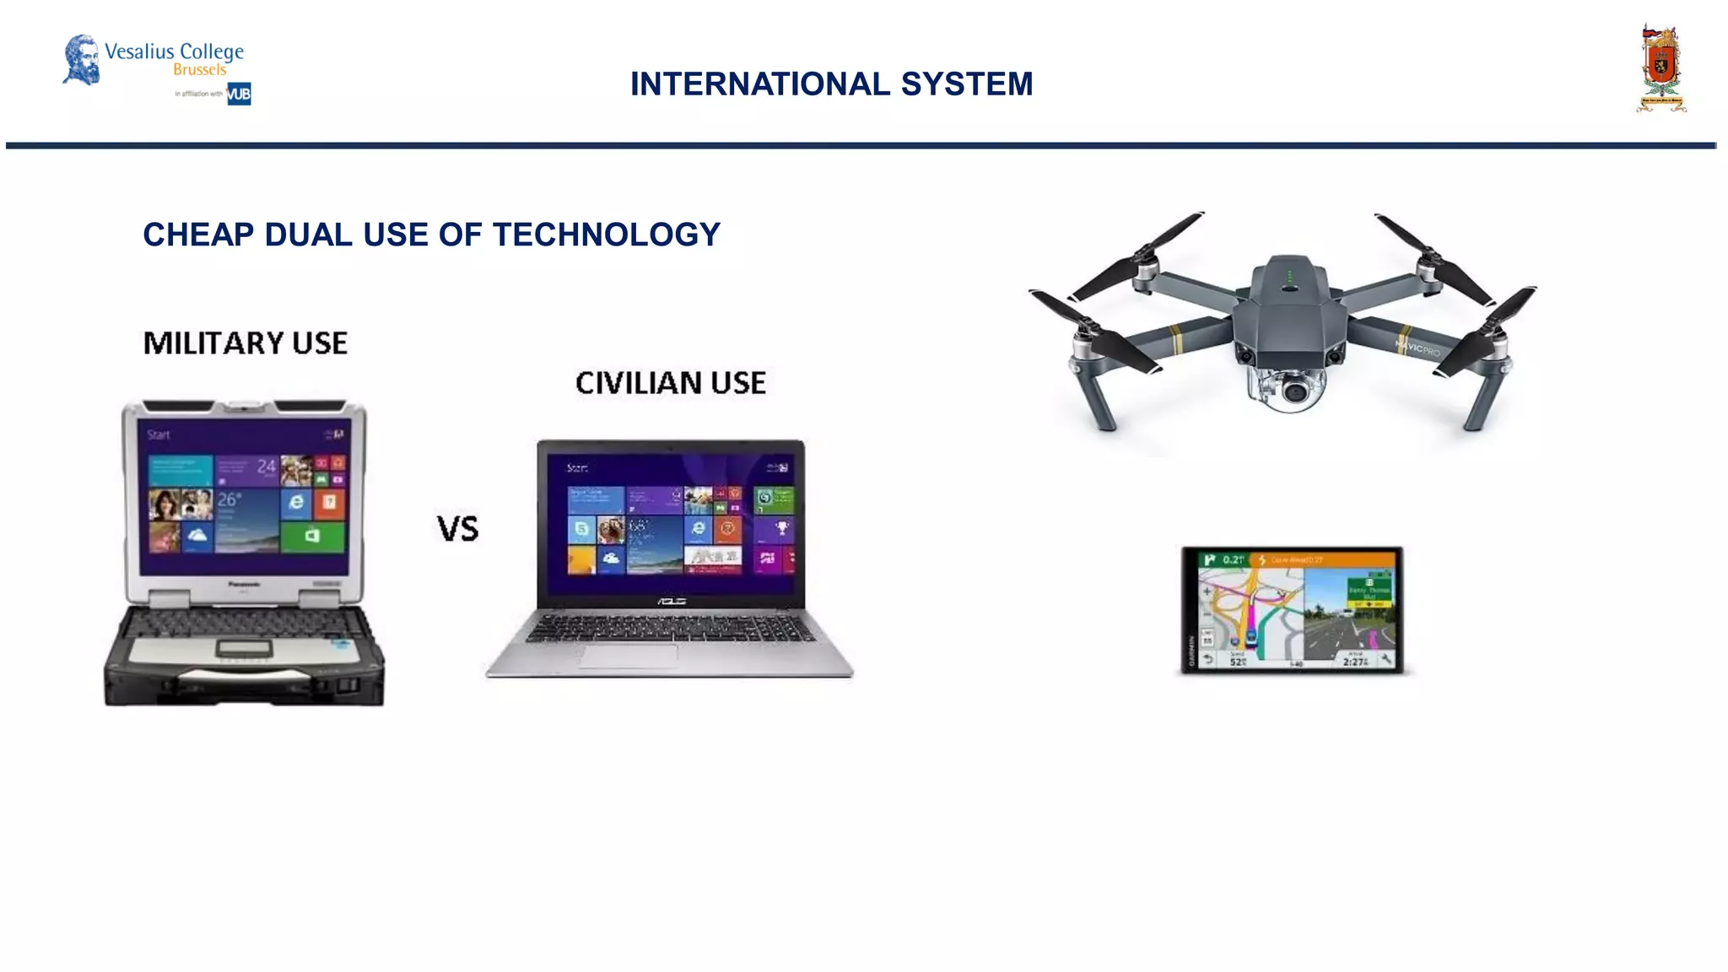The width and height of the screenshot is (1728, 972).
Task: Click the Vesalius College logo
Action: coord(156,61)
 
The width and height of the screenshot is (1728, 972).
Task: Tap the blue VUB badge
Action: coord(239,94)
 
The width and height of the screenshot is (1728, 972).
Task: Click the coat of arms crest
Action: coord(1661,68)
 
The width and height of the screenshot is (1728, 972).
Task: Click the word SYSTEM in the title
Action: coord(966,84)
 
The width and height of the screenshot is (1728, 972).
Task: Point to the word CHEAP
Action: coord(198,235)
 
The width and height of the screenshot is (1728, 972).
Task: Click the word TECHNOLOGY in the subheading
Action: coord(606,235)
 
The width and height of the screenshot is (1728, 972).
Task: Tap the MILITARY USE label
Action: coord(245,343)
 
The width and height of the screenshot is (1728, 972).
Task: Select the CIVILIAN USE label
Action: coord(670,383)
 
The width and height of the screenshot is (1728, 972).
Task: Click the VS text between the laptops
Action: coord(457,529)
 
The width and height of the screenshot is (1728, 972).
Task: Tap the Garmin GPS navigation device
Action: coord(1292,610)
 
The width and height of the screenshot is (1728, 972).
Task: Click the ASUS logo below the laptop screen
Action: coord(671,602)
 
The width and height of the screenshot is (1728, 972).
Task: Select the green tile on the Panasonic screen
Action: coord(312,536)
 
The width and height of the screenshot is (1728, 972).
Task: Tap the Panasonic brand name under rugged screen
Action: coord(244,584)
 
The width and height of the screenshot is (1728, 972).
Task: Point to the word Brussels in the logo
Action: coord(199,70)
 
